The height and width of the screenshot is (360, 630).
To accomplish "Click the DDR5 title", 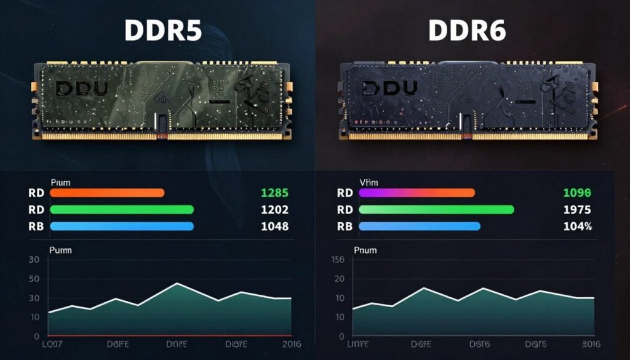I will pyautogui.click(x=162, y=31).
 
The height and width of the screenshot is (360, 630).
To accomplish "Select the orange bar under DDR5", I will pyautogui.click(x=107, y=193).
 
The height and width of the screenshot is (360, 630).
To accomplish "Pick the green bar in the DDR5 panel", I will pyautogui.click(x=122, y=209).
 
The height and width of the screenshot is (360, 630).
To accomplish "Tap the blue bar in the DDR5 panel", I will pyautogui.click(x=122, y=226).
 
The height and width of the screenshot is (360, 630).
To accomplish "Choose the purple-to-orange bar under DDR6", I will pyautogui.click(x=417, y=193).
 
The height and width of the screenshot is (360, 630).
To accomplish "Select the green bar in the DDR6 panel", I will pyautogui.click(x=436, y=209).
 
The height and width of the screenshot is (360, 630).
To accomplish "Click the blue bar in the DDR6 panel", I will pyautogui.click(x=419, y=226).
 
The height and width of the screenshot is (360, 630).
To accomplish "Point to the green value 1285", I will pyautogui.click(x=274, y=193).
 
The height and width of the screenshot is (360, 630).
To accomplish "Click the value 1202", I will pyautogui.click(x=274, y=209).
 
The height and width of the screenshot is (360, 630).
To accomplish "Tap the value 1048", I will pyautogui.click(x=274, y=226).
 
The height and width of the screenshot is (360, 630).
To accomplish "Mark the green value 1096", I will pyautogui.click(x=577, y=193).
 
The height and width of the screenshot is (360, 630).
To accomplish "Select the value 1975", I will pyautogui.click(x=577, y=209).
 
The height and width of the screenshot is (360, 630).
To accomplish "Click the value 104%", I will pyautogui.click(x=577, y=226).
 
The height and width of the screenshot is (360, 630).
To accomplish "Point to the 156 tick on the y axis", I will pyautogui.click(x=338, y=260).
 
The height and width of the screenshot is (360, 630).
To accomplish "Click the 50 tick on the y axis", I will pyautogui.click(x=34, y=279).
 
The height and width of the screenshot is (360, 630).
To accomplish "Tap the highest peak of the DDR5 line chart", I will pyautogui.click(x=177, y=284).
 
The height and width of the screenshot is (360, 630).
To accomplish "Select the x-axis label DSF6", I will pyautogui.click(x=479, y=343).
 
